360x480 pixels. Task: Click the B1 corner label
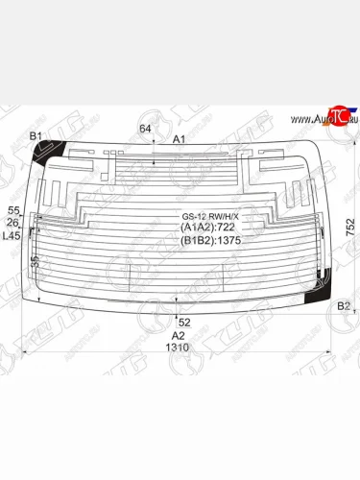(x=36, y=136)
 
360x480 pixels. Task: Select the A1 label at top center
(x=179, y=139)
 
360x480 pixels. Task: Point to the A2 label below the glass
(x=178, y=335)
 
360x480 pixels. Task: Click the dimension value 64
(x=145, y=129)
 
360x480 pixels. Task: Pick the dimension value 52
(x=184, y=322)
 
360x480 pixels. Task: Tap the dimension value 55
(x=13, y=210)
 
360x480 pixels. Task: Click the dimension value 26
(x=13, y=223)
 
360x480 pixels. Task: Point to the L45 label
(x=12, y=235)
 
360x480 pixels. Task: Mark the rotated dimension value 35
(x=35, y=261)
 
